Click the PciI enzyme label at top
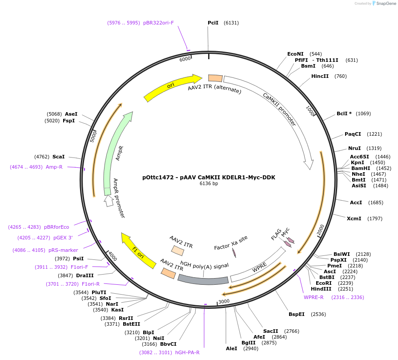coord(213,23)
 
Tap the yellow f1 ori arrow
coord(139,252)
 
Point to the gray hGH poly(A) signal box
coord(203,279)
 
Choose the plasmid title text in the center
coord(209,177)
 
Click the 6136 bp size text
coord(209,183)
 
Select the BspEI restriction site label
coord(297,314)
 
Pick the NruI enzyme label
coord(354,148)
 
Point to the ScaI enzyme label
coord(58,157)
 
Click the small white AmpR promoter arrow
coord(109,201)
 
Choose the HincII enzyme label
coord(320,76)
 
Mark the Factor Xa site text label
coord(230,243)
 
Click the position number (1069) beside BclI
coord(363,113)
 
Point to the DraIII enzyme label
coord(84,275)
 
